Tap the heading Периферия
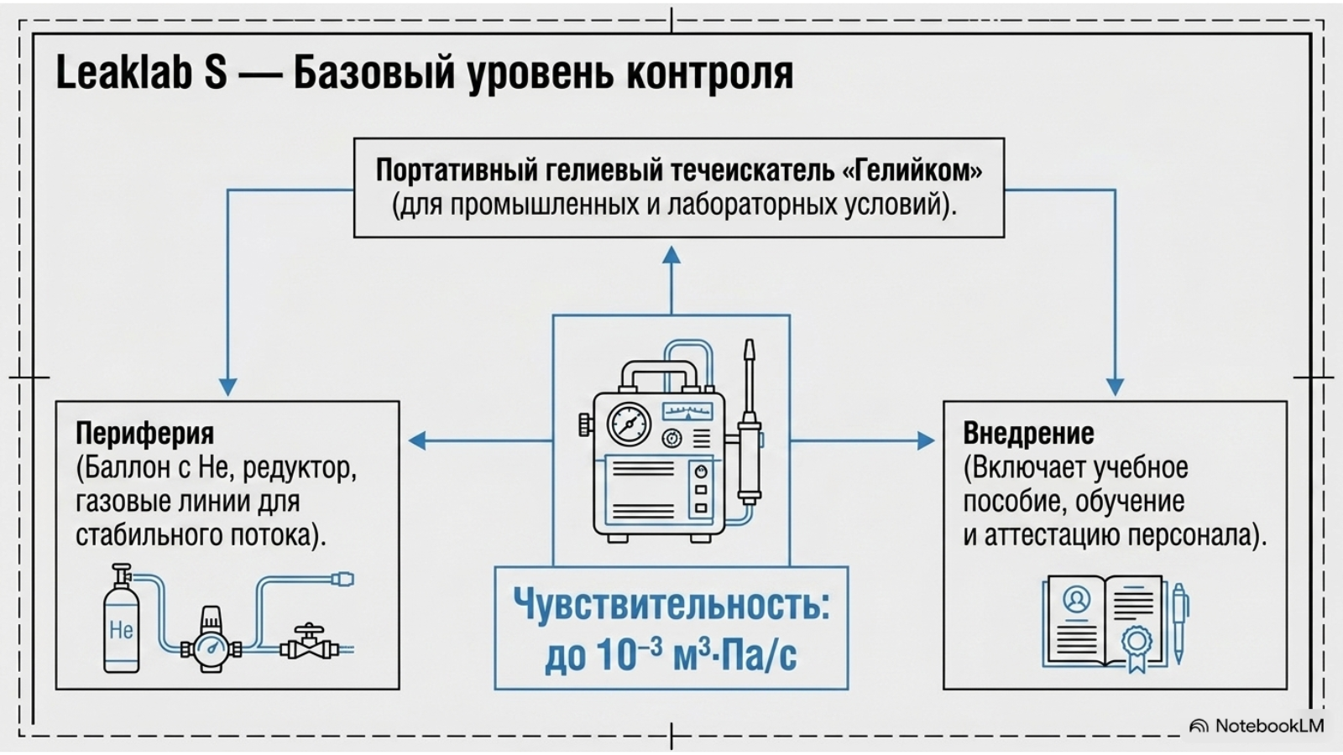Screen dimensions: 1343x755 144,434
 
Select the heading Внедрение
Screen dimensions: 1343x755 1028,433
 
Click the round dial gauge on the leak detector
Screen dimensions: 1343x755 629,424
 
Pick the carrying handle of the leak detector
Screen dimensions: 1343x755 660,374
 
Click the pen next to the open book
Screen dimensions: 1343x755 1179,623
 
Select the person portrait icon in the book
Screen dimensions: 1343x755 1076,600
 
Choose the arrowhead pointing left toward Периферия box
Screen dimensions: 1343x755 417,441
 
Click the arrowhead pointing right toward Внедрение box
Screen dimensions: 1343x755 926,441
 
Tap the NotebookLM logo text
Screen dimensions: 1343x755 1269,726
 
